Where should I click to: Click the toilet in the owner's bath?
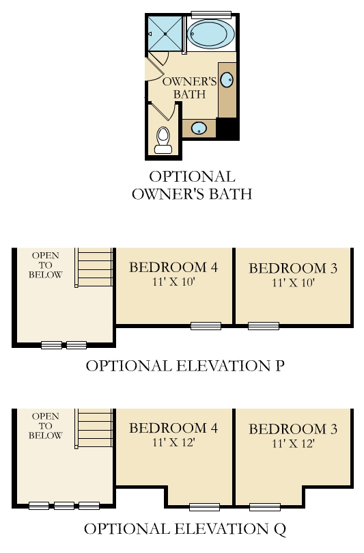(163, 140)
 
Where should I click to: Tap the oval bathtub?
(211, 34)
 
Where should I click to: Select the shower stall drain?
(165, 34)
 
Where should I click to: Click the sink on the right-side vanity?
(227, 80)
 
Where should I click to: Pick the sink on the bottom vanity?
(199, 128)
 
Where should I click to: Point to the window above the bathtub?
(211, 14)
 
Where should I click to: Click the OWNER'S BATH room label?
(189, 87)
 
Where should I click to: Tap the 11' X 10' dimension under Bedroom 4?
(173, 282)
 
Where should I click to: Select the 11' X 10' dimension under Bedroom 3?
(293, 283)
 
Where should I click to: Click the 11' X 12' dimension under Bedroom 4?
(173, 442)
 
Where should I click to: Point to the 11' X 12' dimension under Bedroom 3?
(293, 444)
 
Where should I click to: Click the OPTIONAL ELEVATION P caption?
(185, 366)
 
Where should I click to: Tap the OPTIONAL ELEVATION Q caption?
(185, 529)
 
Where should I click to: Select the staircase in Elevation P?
(94, 267)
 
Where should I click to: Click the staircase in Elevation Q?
(94, 429)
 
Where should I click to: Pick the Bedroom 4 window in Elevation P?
(206, 326)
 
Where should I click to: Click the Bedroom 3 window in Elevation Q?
(265, 507)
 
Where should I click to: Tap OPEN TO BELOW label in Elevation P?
(46, 265)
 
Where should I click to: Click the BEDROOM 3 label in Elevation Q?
(293, 429)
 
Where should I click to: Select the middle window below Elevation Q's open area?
(64, 506)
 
